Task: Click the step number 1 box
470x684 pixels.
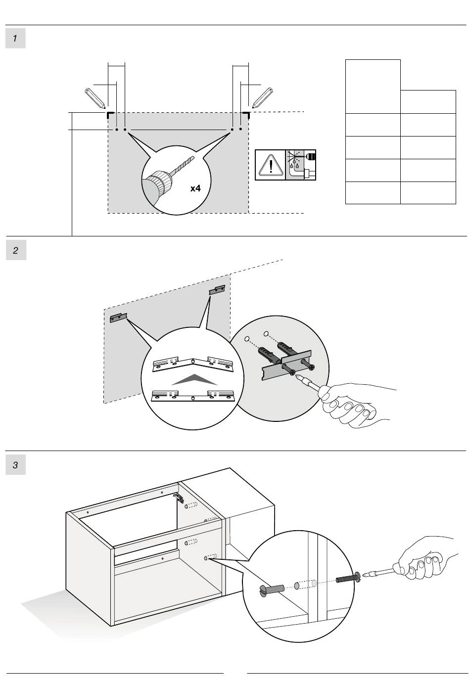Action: pyautogui.click(x=15, y=39)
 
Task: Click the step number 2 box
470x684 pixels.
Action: pyautogui.click(x=15, y=250)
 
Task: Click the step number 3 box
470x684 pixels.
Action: pyautogui.click(x=15, y=465)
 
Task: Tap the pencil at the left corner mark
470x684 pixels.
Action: pyautogui.click(x=95, y=98)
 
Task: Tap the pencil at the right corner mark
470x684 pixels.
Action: pyautogui.click(x=262, y=98)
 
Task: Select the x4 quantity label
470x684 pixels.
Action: pyautogui.click(x=196, y=188)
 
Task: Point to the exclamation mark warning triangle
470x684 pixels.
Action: pyautogui.click(x=270, y=165)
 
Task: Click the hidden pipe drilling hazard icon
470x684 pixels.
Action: pyautogui.click(x=301, y=165)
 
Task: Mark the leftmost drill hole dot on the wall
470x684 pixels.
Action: pyautogui.click(x=116, y=130)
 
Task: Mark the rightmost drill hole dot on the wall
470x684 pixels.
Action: pyautogui.click(x=240, y=130)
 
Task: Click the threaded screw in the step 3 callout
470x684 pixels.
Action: pyautogui.click(x=346, y=578)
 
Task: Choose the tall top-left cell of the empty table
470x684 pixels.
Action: pyautogui.click(x=373, y=87)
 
